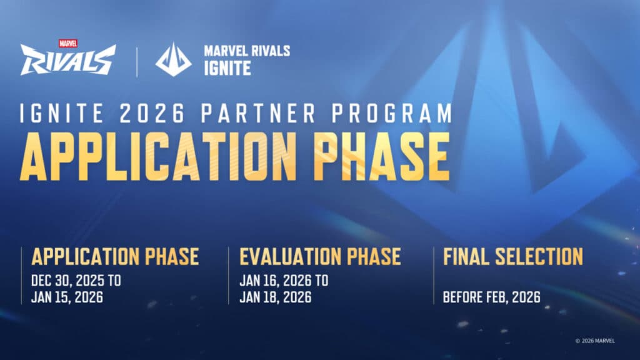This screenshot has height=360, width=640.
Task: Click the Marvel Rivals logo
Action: coord(67,61)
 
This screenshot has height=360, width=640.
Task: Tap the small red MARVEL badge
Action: coord(67,44)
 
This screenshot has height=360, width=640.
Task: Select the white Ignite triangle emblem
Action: coord(173,60)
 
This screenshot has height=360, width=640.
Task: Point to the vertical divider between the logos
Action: coord(136,60)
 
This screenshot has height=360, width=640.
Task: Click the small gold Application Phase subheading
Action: coord(115,256)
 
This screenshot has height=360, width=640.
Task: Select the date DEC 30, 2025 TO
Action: coord(76,281)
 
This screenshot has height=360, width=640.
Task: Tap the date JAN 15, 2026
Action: coord(67,297)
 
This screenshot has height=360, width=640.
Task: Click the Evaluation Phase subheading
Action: coord(319,256)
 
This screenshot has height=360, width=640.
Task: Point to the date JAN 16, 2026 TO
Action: coord(283,281)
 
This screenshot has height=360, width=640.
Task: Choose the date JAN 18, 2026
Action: coord(275,297)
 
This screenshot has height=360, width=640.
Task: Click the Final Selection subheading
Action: coord(512,256)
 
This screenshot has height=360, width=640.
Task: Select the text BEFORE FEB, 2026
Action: coord(492,297)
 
